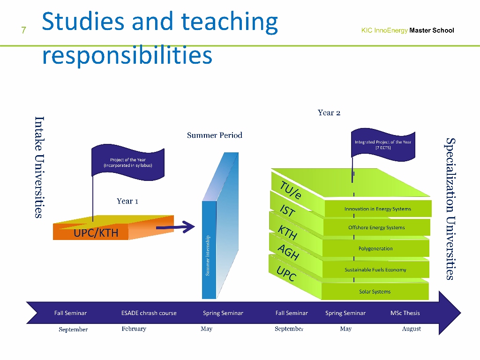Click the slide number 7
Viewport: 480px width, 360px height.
click(23, 30)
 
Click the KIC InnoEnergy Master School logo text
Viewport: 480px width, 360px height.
click(407, 30)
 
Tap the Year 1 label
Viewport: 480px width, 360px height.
click(127, 201)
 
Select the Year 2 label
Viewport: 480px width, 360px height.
click(329, 112)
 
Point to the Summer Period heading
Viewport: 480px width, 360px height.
click(215, 135)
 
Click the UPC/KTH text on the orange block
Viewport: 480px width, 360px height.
click(96, 233)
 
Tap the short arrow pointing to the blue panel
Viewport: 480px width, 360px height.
click(175, 227)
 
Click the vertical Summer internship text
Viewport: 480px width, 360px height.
click(208, 255)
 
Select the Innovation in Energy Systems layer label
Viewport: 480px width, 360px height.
click(378, 209)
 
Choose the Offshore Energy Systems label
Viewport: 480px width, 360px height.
click(376, 227)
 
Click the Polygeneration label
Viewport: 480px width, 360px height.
click(375, 248)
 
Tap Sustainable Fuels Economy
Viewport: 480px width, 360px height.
click(375, 270)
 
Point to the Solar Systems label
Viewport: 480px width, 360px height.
click(375, 292)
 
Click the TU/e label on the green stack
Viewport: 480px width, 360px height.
click(291, 190)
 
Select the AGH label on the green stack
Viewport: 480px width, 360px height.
click(288, 253)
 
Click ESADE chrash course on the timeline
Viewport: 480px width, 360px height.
click(149, 313)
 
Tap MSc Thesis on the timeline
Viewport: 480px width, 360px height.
click(405, 313)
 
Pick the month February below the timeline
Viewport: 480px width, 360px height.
click(134, 329)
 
